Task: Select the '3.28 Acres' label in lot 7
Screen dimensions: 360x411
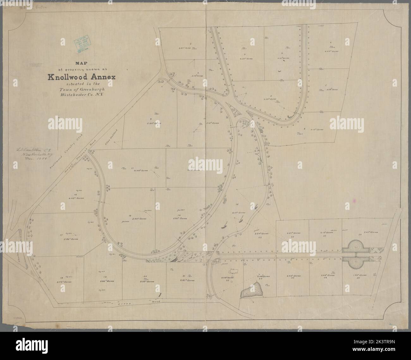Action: coord(331,89)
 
